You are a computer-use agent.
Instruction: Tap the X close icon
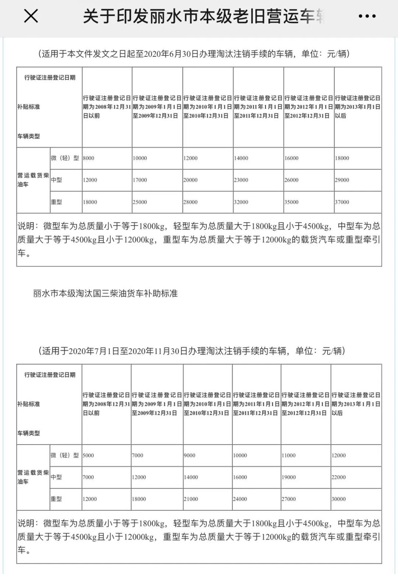(31, 16)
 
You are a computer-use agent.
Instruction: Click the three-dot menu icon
(367, 16)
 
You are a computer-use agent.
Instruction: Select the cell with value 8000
(88, 158)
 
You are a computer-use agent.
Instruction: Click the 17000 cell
(140, 180)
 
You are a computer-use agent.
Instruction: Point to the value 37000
(342, 202)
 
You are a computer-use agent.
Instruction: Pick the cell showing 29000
(342, 180)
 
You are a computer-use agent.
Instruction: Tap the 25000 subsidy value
(140, 202)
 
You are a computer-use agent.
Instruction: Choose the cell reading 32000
(241, 202)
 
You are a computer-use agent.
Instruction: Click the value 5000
(88, 456)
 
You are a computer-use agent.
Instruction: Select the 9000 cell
(189, 456)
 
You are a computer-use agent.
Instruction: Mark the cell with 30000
(338, 499)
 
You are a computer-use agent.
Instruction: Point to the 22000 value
(338, 477)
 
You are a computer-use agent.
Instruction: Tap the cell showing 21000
(191, 499)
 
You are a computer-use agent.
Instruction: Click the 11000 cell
(289, 456)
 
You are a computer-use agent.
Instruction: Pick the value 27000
(289, 499)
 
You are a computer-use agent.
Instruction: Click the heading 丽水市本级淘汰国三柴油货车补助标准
(105, 294)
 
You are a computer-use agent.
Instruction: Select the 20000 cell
(191, 180)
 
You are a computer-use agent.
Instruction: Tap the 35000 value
(291, 202)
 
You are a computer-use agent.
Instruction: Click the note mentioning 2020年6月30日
(194, 54)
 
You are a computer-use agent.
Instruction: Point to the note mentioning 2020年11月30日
(192, 351)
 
